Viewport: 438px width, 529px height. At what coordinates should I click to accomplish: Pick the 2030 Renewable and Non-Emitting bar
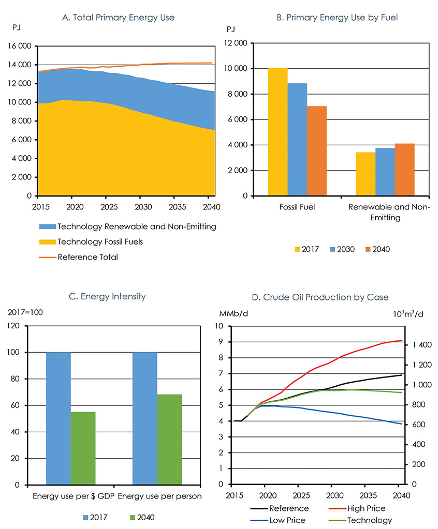385,172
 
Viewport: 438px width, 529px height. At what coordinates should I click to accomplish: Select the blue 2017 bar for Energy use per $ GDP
59,418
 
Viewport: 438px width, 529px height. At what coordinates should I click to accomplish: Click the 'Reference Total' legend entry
87,257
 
